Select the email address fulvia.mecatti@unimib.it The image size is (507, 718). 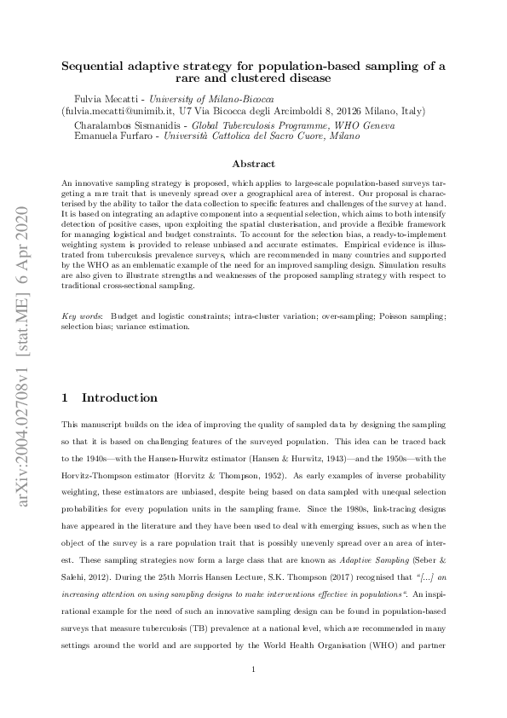107,111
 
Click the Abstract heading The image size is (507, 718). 254,164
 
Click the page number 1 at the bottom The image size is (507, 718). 254,669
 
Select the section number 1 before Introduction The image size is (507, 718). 67,398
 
